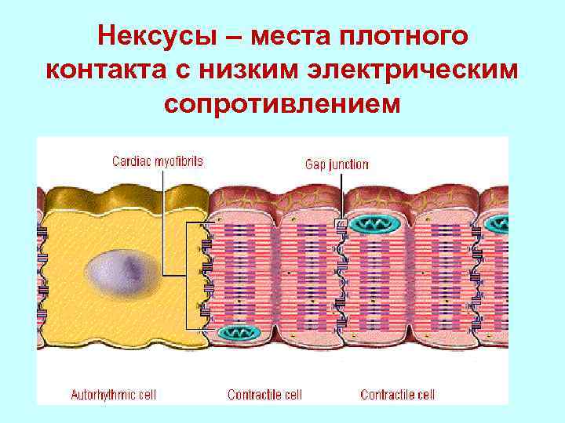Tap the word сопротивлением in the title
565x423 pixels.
tap(282, 103)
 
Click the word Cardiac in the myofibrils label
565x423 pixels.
tap(131, 161)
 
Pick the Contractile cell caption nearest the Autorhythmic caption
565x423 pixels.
tap(264, 395)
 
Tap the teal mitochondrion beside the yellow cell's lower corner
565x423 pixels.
tap(239, 333)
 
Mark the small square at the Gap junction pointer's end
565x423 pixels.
tap(341, 224)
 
